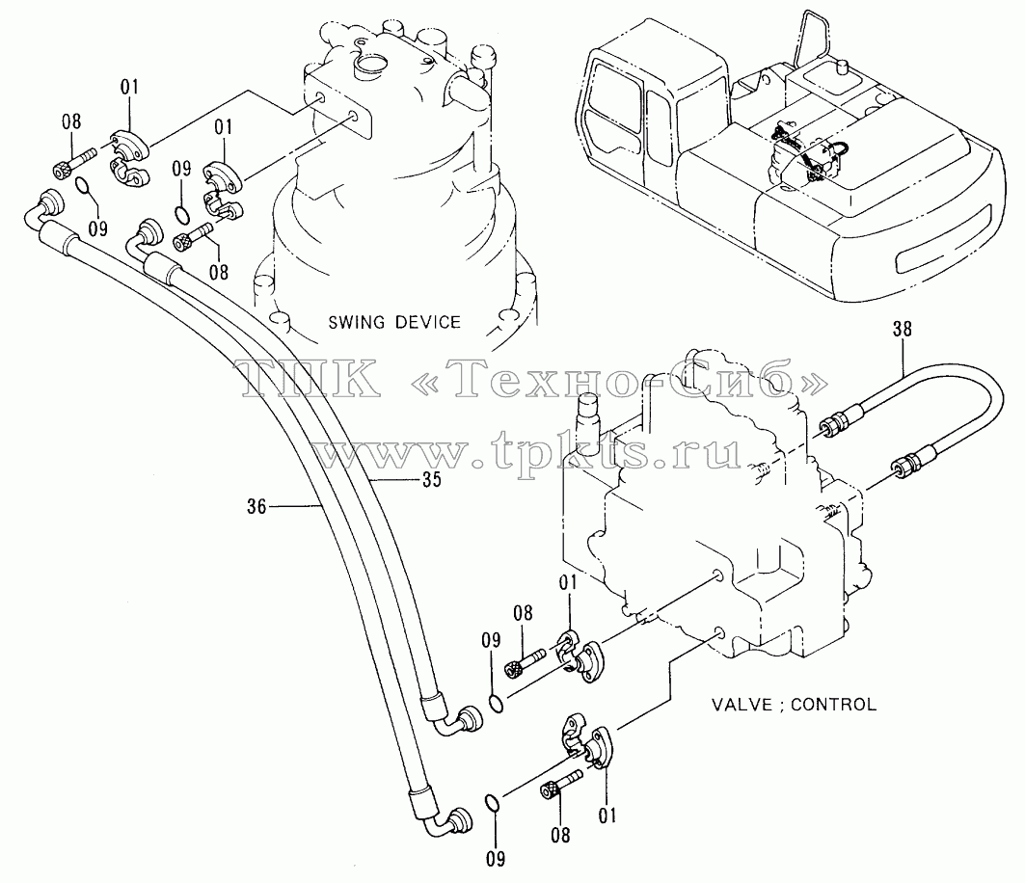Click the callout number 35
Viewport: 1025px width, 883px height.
point(432,480)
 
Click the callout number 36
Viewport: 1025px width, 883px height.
point(256,506)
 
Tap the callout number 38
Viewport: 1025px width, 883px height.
point(903,329)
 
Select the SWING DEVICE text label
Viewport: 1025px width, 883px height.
point(394,322)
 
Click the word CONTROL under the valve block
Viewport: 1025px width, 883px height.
point(834,705)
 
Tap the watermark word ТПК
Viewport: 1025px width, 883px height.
point(311,378)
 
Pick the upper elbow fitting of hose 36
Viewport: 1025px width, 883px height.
point(45,209)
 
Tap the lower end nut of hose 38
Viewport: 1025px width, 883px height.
point(906,462)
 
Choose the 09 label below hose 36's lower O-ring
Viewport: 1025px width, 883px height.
point(496,858)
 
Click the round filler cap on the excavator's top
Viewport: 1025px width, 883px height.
point(842,65)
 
